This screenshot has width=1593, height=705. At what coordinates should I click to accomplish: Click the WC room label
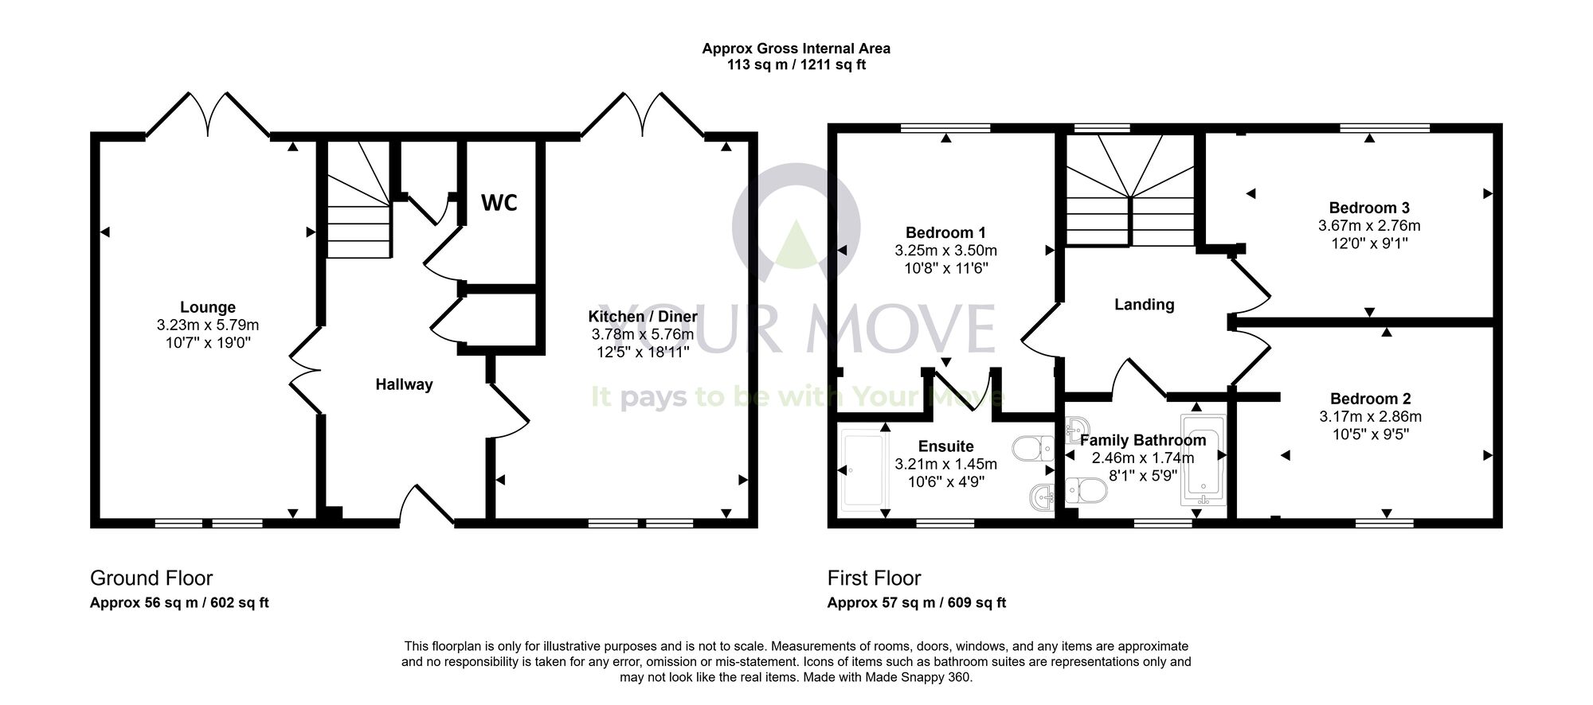coord(499,203)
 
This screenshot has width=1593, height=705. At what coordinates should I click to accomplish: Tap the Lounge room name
coord(208,307)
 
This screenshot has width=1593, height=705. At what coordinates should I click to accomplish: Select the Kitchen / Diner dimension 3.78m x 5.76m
coord(642,334)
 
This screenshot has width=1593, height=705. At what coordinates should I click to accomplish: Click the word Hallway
coord(404,384)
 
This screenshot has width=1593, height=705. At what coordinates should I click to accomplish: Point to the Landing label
coord(1144,304)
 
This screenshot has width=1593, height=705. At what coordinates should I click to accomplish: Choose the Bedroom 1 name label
coord(945,232)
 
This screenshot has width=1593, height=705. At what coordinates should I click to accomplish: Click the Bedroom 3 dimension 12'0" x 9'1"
coord(1369,243)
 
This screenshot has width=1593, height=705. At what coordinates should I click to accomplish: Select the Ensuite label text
coord(945,446)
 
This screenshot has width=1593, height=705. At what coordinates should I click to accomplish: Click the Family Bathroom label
coord(1143,440)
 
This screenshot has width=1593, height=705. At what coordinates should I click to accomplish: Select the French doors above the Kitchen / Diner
coord(642,117)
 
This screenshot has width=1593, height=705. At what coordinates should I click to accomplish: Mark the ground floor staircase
coord(358,203)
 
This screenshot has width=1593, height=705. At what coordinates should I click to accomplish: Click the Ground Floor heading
coord(151,578)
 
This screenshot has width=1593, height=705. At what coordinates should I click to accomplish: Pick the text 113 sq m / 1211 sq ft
coord(796,65)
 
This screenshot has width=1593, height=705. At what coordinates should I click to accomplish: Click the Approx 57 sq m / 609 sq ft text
coord(916,603)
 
